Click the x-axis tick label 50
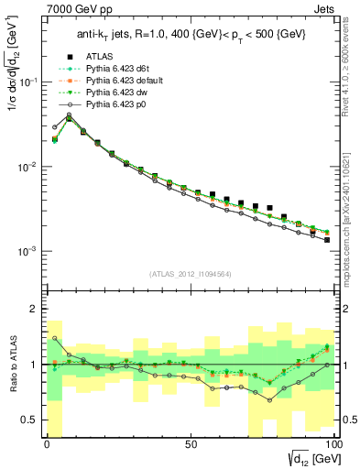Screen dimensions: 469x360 191,443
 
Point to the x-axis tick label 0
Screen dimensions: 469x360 46,443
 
